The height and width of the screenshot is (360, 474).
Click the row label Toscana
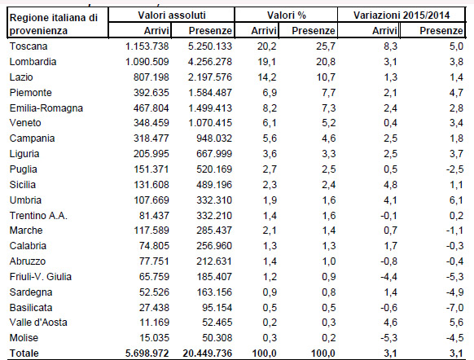(x=29, y=46)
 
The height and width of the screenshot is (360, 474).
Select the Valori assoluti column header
(x=172, y=15)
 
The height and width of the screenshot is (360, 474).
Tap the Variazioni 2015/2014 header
(x=402, y=15)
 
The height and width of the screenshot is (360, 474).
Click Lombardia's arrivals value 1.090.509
(x=147, y=62)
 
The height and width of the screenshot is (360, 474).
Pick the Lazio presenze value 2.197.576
(x=210, y=77)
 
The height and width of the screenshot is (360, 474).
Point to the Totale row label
(x=24, y=353)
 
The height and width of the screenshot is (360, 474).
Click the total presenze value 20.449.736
(x=208, y=353)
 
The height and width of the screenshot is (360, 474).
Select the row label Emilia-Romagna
(x=46, y=108)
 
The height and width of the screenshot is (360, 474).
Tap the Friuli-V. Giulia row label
(x=41, y=277)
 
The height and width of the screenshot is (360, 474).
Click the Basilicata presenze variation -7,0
(x=454, y=307)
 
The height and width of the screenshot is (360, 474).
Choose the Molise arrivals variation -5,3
(x=388, y=338)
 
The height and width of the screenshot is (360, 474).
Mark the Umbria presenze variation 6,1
(x=456, y=200)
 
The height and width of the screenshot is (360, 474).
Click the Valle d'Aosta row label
(x=38, y=323)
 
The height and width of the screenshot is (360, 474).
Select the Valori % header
(x=287, y=15)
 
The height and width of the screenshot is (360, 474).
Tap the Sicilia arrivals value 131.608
(x=151, y=185)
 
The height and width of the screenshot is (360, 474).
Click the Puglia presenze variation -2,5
(x=454, y=169)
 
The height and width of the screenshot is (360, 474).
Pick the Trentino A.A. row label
(x=38, y=216)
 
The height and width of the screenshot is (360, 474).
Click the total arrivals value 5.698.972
(x=147, y=353)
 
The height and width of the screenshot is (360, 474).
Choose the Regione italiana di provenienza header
(x=54, y=24)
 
